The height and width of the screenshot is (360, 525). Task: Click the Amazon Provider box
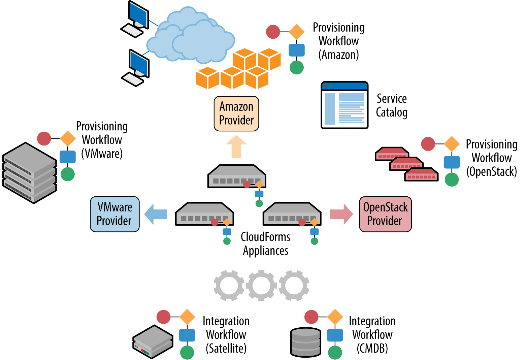236,113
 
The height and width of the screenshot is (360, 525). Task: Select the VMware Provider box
114,214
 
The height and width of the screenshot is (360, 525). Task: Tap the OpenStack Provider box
385,214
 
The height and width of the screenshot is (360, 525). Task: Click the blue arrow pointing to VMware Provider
156,214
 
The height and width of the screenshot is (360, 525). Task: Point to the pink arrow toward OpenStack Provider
341,214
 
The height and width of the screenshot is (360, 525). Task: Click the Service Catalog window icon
344,105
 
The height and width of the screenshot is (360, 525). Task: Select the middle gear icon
261,285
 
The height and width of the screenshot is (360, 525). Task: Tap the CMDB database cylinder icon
305,342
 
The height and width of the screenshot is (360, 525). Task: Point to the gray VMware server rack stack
29,173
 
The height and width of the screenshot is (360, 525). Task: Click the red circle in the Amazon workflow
273,32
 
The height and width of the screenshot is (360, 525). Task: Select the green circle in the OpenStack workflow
452,179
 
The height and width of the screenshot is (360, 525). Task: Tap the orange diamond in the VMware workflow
68,139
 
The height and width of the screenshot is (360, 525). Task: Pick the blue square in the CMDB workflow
335,335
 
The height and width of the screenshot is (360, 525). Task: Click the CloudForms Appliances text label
265,244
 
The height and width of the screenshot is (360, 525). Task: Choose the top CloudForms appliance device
236,176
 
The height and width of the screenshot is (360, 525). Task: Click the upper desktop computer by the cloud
136,19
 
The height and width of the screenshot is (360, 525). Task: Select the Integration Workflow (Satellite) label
226,335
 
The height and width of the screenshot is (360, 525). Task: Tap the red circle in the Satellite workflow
164,317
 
